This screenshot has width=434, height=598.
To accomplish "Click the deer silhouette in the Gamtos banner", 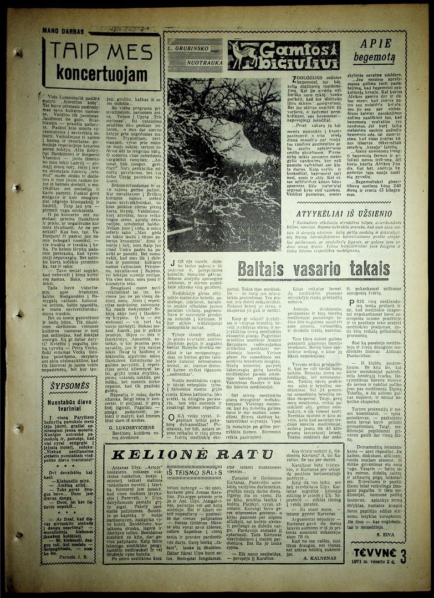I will point(244,55).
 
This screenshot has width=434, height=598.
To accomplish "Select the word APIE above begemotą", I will point(375,43).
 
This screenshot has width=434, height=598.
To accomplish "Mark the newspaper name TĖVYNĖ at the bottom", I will point(375,552).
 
